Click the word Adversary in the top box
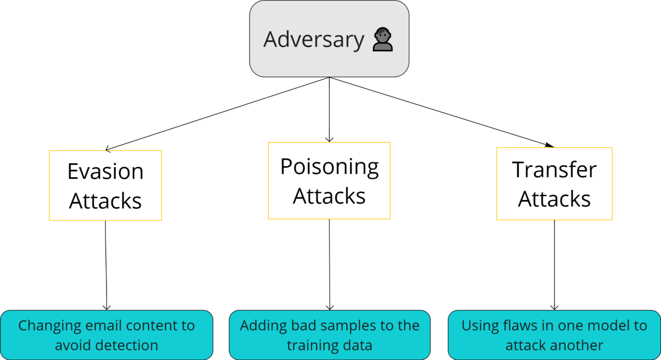pyautogui.click(x=314, y=40)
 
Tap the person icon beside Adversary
pyautogui.click(x=383, y=40)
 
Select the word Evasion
pyautogui.click(x=105, y=172)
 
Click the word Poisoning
pyautogui.click(x=329, y=167)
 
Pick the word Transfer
pyautogui.click(x=554, y=170)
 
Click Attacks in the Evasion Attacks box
pyautogui.click(x=105, y=201)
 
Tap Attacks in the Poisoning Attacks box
pyautogui.click(x=329, y=196)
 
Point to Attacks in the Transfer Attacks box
pyautogui.click(x=554, y=199)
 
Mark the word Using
pyautogui.click(x=478, y=326)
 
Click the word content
pyautogui.click(x=150, y=326)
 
